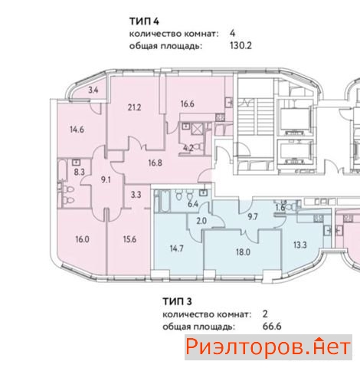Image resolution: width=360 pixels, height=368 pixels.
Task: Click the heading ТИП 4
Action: pyautogui.click(x=144, y=21)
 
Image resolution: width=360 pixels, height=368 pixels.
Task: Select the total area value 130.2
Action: pyautogui.click(x=241, y=46)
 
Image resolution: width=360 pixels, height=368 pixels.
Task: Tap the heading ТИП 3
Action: pyautogui.click(x=177, y=301)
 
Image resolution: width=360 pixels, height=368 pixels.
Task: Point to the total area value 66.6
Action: pyautogui.click(x=272, y=327)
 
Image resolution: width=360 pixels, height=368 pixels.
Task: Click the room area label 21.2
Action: pyautogui.click(x=134, y=107)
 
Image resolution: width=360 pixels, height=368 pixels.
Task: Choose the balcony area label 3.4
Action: pyautogui.click(x=93, y=90)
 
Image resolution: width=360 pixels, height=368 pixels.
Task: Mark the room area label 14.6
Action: pyautogui.click(x=77, y=130)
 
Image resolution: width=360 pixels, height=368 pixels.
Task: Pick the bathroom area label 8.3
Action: pyautogui.click(x=79, y=172)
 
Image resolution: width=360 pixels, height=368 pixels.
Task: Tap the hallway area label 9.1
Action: pyautogui.click(x=106, y=180)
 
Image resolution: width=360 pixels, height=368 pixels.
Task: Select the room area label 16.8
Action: pyautogui.click(x=155, y=163)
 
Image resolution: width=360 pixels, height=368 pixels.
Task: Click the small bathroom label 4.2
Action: pyautogui.click(x=188, y=148)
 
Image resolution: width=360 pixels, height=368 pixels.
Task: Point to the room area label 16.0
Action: pyautogui.click(x=82, y=239)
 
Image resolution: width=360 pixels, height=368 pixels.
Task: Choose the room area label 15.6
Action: pyautogui.click(x=129, y=239)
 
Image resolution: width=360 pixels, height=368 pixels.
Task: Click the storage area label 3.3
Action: pyautogui.click(x=136, y=195)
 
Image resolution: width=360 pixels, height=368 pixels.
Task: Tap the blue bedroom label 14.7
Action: pyautogui.click(x=177, y=248)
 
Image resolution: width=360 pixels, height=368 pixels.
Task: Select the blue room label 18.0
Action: pyautogui.click(x=243, y=252)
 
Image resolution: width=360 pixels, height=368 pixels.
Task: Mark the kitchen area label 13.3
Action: pyautogui.click(x=300, y=245)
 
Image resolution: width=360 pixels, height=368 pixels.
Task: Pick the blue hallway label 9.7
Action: pyautogui.click(x=253, y=217)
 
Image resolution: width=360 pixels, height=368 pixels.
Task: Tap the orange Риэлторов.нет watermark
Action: pyautogui.click(x=268, y=347)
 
